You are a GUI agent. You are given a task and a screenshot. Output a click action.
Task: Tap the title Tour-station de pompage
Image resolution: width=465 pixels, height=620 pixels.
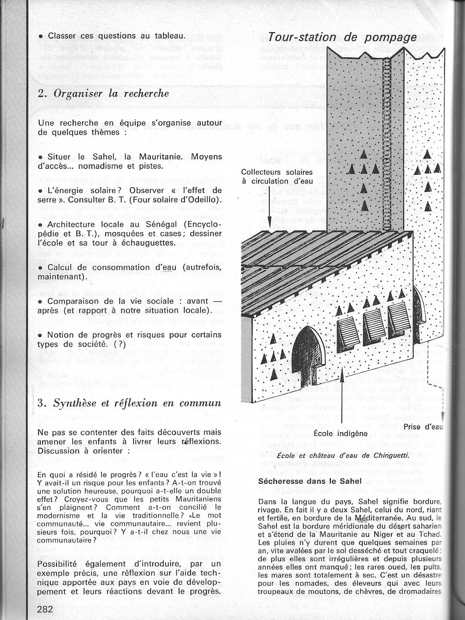[x=342, y=37]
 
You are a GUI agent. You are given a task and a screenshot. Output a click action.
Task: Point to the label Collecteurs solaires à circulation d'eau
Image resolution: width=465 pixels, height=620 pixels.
[x=276, y=176]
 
